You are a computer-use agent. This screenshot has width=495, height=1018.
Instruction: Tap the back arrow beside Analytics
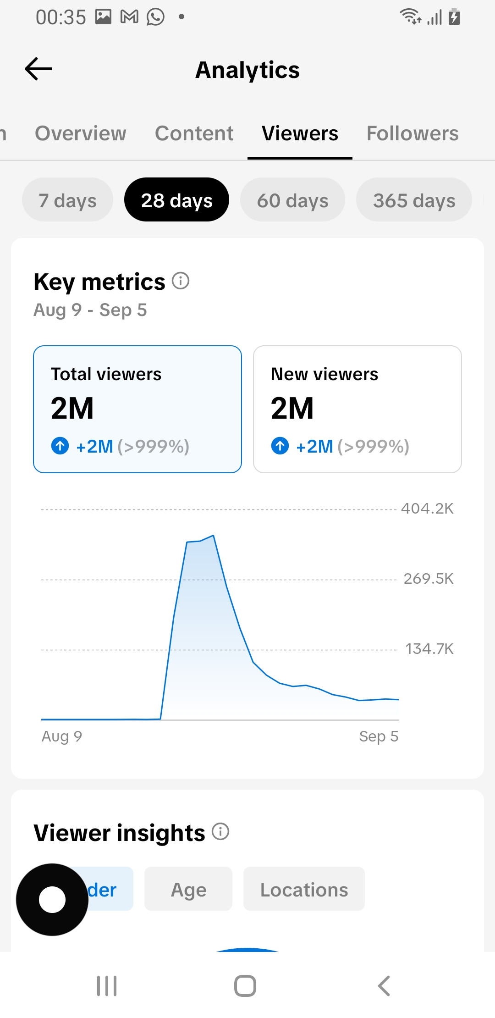coord(38,69)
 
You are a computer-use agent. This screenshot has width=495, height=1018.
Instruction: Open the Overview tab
coord(81,133)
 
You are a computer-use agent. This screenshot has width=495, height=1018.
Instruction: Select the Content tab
coord(194,133)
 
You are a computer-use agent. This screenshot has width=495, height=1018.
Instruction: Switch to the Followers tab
coord(412,133)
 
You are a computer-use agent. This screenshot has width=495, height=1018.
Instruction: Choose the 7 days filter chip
coord(67,200)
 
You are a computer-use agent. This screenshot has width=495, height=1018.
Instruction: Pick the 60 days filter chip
coord(292,200)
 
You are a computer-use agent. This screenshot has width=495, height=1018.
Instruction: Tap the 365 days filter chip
coord(414,200)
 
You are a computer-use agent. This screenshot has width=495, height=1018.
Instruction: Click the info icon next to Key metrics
coord(181,281)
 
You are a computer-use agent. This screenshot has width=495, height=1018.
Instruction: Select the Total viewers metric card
coord(137,409)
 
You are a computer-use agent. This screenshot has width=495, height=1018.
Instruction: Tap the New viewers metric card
coord(357,409)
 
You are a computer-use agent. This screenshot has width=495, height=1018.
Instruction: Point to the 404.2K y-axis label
coord(427,509)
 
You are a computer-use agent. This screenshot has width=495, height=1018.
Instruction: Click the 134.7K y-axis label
coord(429,649)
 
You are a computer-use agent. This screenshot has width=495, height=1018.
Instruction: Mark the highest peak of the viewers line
coord(213,535)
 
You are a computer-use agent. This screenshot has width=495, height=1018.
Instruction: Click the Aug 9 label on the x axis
coord(62,736)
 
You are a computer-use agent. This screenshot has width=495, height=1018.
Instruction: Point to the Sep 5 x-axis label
coord(379,736)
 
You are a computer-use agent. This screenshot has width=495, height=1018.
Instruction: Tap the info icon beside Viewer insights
coord(220,831)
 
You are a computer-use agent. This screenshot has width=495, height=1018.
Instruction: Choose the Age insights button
coord(188,889)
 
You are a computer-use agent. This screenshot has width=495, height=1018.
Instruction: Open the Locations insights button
coord(304,889)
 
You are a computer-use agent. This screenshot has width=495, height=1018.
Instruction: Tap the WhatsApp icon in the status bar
coord(155,17)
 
